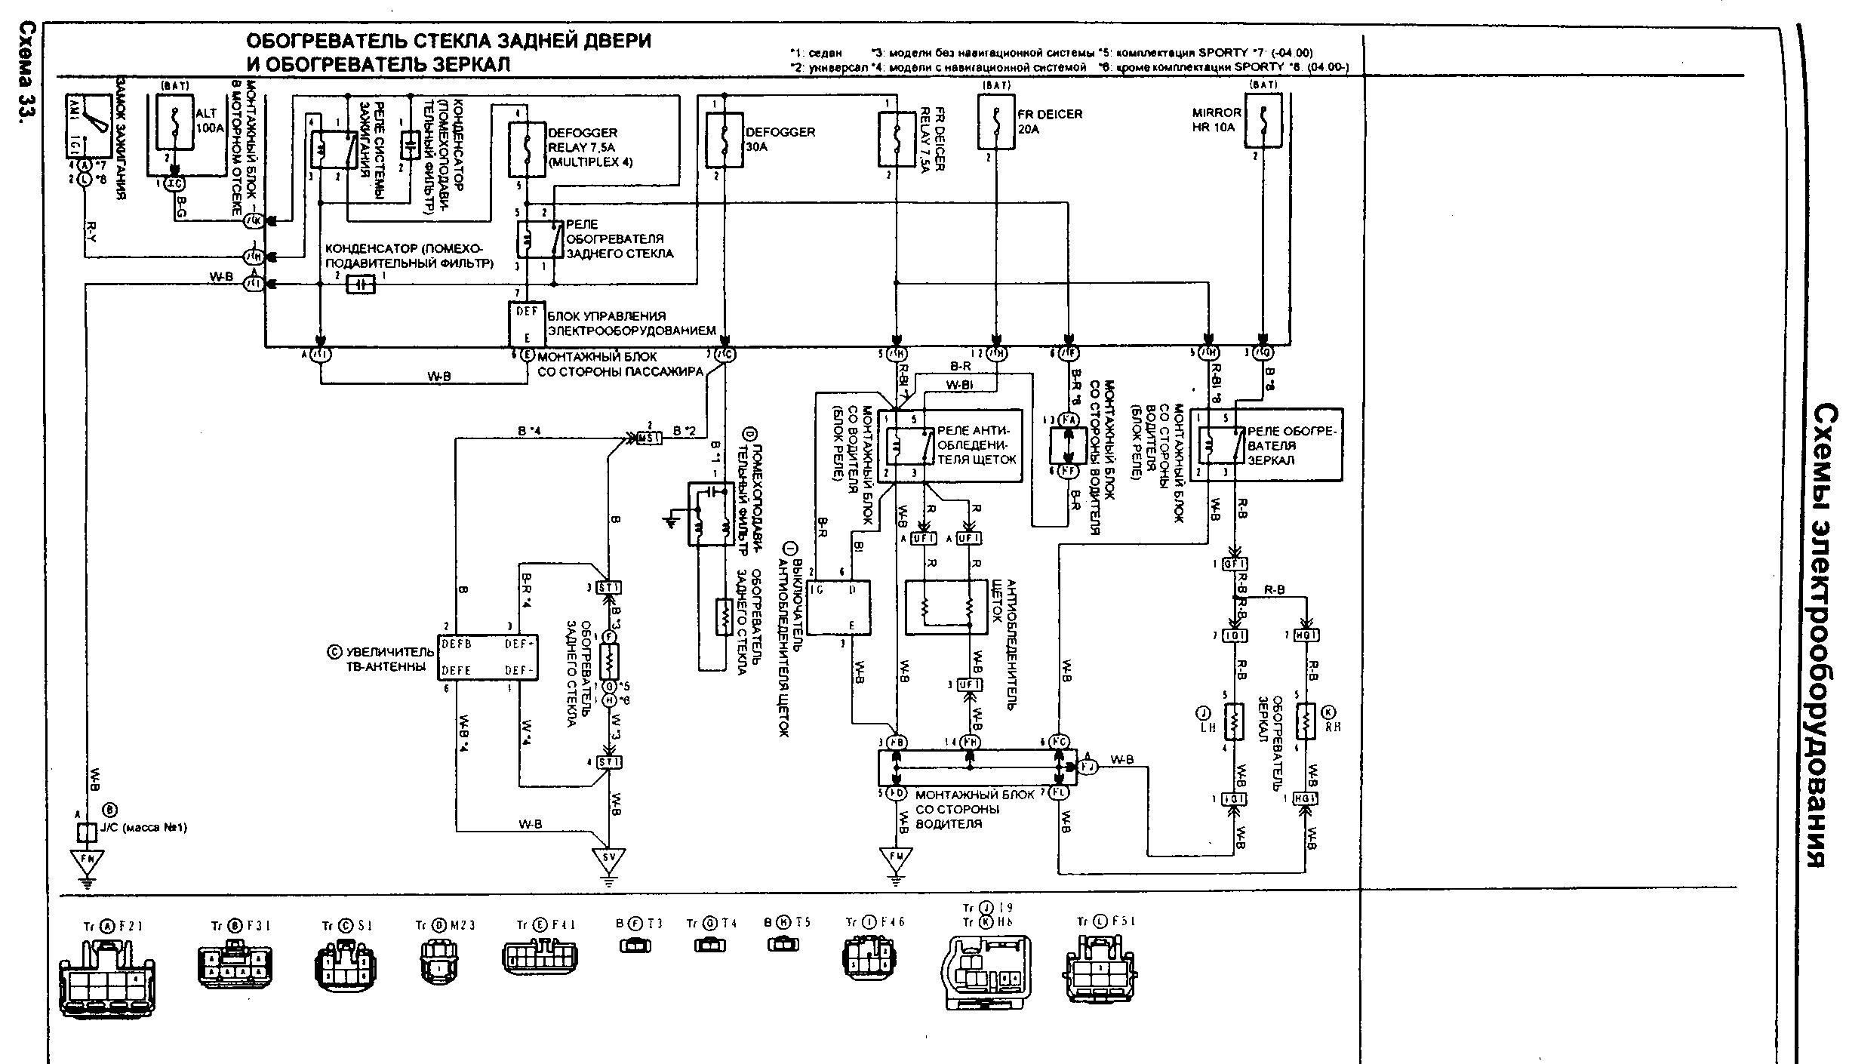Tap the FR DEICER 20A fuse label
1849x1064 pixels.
pyautogui.click(x=1049, y=121)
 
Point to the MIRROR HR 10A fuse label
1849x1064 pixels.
pyautogui.click(x=1217, y=120)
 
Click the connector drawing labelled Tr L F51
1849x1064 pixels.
pyautogui.click(x=1102, y=967)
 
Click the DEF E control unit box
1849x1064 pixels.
pyautogui.click(x=526, y=323)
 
